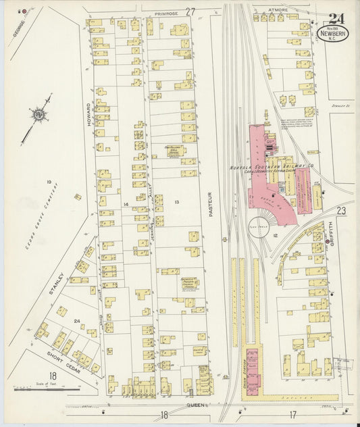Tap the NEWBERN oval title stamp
[x=334, y=32]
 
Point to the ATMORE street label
[x=278, y=10]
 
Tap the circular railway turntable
[x=259, y=227]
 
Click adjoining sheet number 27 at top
[x=190, y=11]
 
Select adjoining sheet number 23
[x=341, y=211]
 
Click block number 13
[x=177, y=202]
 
